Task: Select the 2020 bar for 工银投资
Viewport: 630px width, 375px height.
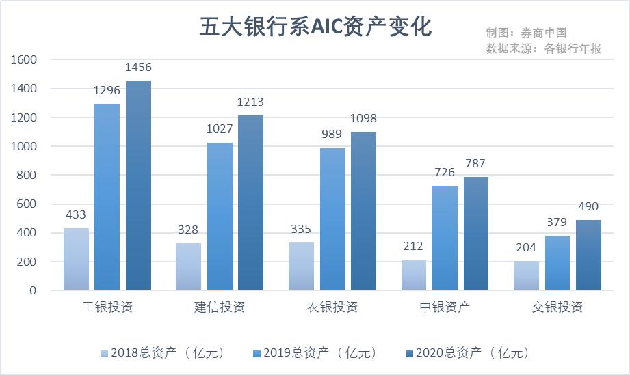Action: click(x=138, y=185)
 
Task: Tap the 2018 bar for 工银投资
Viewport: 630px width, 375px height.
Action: click(x=76, y=259)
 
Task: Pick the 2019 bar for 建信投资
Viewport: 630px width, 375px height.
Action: click(x=220, y=216)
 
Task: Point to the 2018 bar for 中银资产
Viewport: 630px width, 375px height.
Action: click(x=413, y=275)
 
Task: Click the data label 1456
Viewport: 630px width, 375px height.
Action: click(x=138, y=68)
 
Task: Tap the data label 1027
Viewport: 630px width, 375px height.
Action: click(x=220, y=130)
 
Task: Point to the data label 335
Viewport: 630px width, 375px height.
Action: click(x=301, y=229)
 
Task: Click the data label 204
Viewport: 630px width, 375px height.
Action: click(x=526, y=248)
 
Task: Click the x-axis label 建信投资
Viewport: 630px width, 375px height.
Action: click(x=220, y=307)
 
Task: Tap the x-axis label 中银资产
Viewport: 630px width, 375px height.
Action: click(x=445, y=307)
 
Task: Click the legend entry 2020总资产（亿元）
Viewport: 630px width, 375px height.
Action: click(x=468, y=353)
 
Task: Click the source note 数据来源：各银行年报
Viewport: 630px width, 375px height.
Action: click(x=544, y=48)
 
